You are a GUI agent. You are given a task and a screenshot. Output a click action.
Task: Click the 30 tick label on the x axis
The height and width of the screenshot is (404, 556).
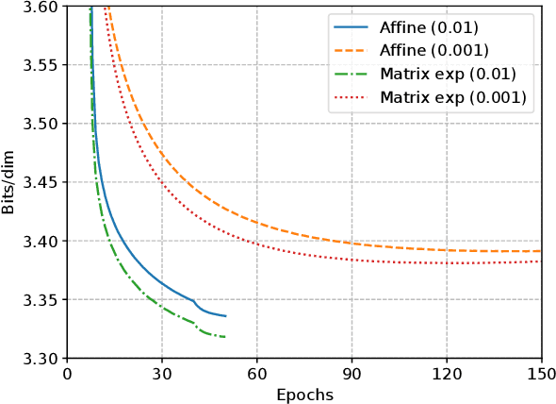162,375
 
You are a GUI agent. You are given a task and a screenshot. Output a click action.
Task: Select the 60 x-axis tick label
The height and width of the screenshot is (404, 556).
256,375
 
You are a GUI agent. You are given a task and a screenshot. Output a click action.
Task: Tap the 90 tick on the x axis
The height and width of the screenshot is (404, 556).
352,375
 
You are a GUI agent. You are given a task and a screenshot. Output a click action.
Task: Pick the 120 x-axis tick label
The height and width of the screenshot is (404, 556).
447,375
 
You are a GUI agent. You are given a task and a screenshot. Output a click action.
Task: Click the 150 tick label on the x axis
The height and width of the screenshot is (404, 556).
541,375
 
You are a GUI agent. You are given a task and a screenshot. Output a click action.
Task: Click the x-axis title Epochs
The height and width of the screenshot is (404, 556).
304,394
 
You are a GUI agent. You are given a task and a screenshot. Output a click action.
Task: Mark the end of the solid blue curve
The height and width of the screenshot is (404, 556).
225,316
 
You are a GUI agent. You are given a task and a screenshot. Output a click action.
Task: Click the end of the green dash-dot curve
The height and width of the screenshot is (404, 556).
225,337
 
